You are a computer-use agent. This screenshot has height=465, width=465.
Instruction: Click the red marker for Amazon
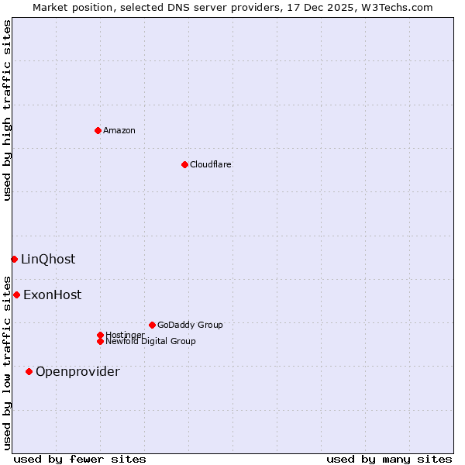tap(98, 130)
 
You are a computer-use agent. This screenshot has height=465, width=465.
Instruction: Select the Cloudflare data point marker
tap(184, 164)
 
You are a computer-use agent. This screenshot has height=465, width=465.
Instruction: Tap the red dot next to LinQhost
tap(14, 259)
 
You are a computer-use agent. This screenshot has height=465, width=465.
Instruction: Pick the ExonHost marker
tap(16, 294)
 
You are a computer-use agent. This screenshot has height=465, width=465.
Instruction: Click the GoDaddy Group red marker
tap(152, 325)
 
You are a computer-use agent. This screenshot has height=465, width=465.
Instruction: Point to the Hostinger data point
tap(100, 335)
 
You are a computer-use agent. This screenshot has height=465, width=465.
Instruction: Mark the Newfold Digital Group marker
tap(100, 341)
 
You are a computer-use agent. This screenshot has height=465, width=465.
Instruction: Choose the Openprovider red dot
tap(29, 371)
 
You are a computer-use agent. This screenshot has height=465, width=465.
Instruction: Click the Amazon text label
tap(119, 130)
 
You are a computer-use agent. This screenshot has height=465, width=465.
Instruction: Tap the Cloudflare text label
tap(211, 164)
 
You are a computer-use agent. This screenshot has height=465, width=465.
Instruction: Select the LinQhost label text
tap(48, 259)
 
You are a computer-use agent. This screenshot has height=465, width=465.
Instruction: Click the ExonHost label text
tap(52, 294)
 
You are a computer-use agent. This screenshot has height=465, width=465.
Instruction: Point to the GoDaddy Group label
tap(190, 325)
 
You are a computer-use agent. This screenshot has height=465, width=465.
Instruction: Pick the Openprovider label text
tap(77, 371)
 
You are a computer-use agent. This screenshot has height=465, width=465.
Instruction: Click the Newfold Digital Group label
tap(150, 342)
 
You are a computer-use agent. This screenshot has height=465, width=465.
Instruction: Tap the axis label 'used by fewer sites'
tap(80, 459)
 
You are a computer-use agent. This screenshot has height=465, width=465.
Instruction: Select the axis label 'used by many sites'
tap(389, 459)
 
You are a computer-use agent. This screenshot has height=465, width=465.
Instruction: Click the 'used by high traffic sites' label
tap(8, 110)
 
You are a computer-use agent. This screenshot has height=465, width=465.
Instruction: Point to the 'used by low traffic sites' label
tap(8, 363)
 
